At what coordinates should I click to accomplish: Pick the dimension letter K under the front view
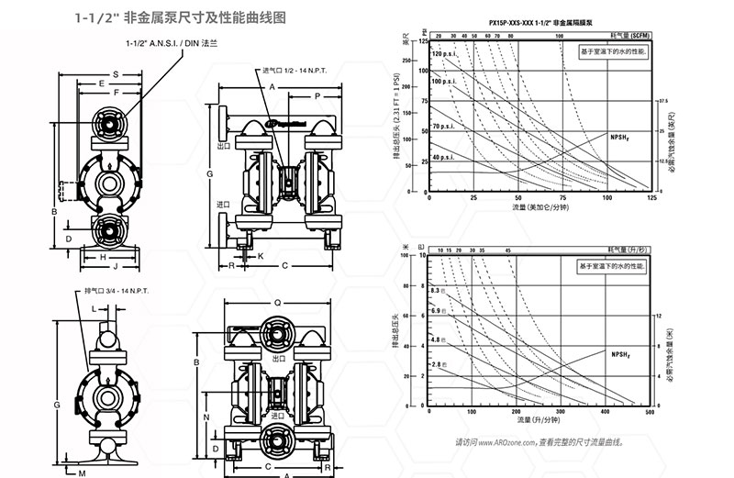[260, 254]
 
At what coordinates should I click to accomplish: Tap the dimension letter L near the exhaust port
[94, 309]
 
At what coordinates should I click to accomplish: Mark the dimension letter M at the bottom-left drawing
[81, 472]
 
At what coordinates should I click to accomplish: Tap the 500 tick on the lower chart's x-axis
[650, 413]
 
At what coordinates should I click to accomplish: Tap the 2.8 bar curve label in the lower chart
[439, 365]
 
